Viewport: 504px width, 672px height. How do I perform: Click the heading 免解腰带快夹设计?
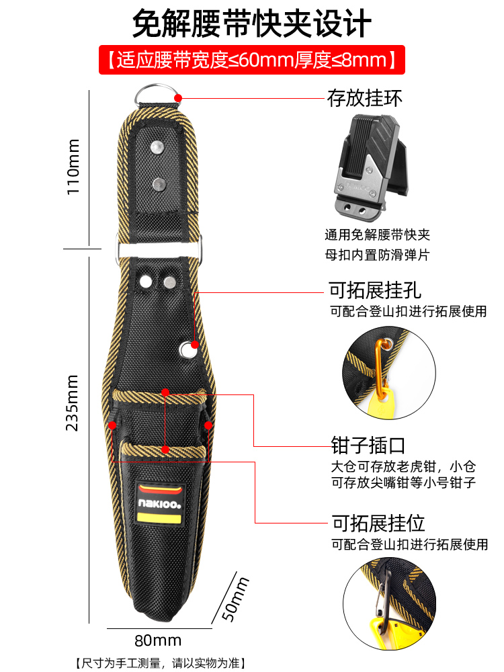[252, 24]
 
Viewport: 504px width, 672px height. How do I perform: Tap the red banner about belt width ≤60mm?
[252, 60]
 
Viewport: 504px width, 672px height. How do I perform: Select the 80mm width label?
[158, 640]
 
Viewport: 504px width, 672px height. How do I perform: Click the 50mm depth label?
[235, 598]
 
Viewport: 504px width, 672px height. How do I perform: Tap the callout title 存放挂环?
[364, 99]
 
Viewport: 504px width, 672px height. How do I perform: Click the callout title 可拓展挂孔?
[375, 290]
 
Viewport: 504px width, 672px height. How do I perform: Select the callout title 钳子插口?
[368, 444]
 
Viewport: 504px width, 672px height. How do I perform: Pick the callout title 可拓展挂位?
[378, 522]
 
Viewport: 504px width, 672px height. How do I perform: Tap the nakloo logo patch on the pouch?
[160, 503]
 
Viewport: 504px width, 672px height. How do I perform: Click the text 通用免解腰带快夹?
[376, 235]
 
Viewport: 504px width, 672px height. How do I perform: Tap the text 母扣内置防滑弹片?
[376, 255]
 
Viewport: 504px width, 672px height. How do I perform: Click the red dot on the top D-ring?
[179, 98]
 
